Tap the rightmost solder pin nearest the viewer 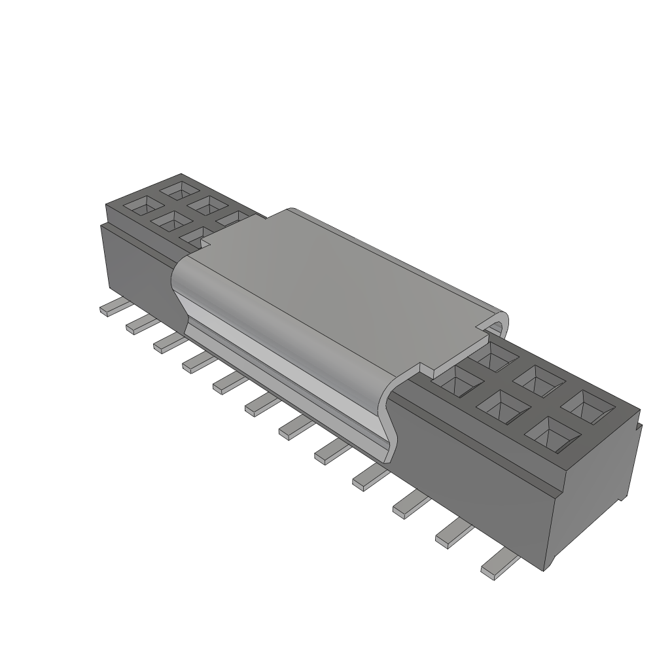497,563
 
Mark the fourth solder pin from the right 369,479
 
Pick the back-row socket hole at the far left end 177,190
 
